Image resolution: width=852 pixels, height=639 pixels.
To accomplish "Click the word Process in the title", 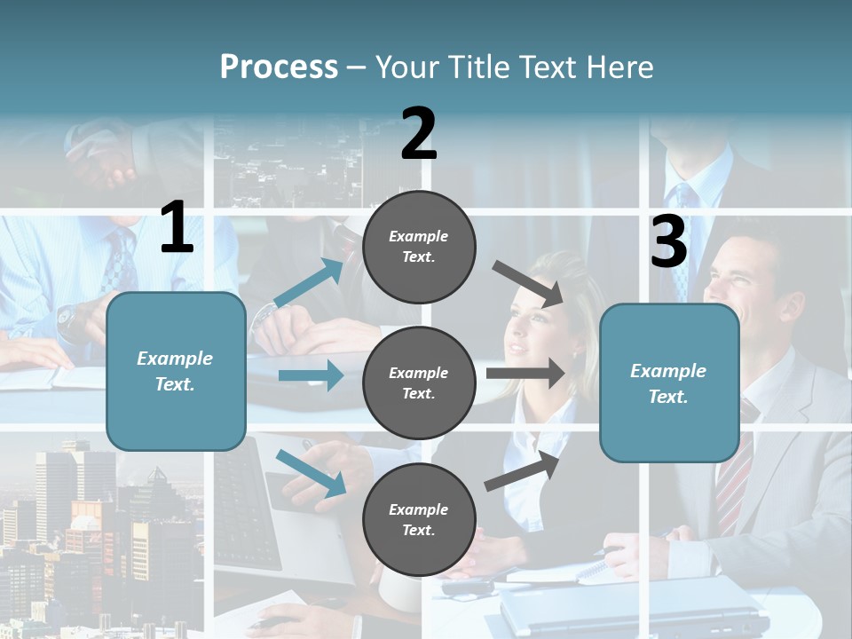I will [279, 67].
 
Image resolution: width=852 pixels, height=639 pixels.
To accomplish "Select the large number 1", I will [177, 229].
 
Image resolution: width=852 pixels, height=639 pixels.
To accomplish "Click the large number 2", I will [419, 134].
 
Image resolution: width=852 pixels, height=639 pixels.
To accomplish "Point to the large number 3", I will [669, 242].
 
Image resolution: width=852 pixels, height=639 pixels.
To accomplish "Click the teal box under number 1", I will [176, 371].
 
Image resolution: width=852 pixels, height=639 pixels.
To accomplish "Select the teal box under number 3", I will [669, 383].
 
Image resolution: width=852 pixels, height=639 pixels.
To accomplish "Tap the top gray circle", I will [419, 247].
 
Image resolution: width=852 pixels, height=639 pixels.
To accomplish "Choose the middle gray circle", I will [419, 383].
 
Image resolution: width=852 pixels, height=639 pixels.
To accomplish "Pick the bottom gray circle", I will [419, 519].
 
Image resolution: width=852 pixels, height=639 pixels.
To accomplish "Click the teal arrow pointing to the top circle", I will [309, 283].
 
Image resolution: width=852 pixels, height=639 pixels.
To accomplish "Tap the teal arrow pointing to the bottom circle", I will [311, 472].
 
